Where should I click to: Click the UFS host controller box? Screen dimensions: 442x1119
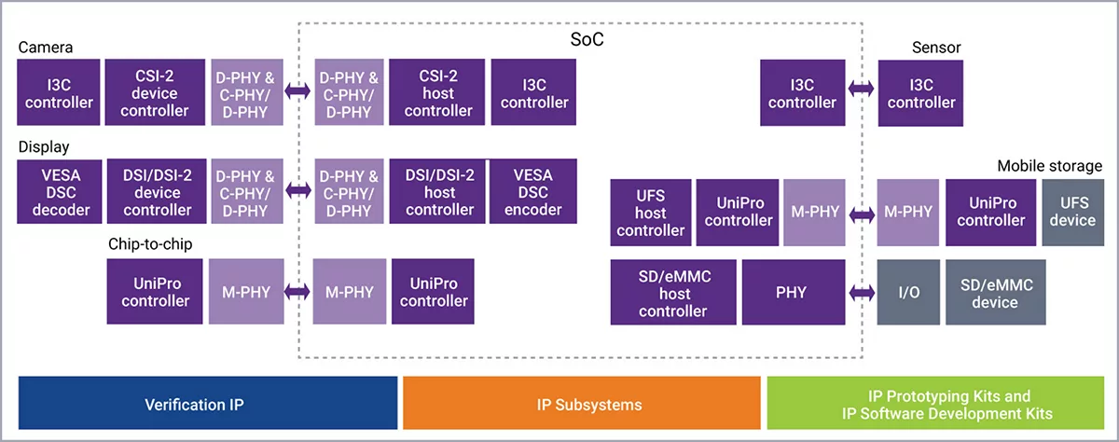coord(649,211)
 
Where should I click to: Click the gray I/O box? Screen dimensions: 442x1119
coord(907,291)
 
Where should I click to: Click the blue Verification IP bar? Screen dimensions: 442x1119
coord(208,404)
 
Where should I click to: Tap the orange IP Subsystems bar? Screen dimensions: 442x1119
coord(582,404)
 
